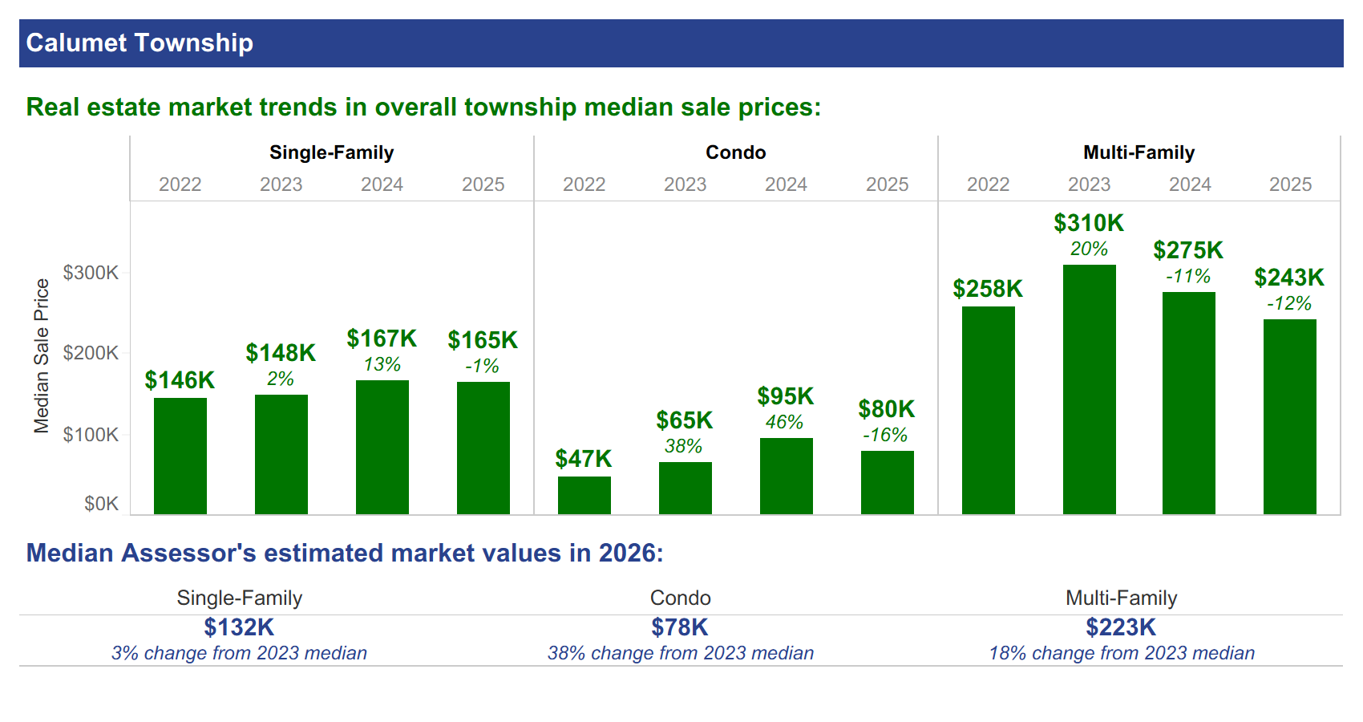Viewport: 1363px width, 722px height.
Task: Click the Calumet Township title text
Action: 140,43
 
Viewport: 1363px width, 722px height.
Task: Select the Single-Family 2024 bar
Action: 382,448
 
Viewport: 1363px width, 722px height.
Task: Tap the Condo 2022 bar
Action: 584,496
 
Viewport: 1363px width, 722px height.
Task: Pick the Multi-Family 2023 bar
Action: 1089,390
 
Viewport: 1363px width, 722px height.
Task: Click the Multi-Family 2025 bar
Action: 1289,417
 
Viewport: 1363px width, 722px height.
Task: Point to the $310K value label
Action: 1089,223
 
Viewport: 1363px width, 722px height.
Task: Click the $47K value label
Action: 584,458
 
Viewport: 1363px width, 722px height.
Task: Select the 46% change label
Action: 784,422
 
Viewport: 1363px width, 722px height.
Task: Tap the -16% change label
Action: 885,435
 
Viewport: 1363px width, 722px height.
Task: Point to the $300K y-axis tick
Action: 91,273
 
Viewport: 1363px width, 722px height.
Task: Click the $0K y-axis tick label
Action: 102,504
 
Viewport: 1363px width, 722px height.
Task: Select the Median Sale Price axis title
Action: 42,356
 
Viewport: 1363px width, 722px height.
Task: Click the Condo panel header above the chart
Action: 736,152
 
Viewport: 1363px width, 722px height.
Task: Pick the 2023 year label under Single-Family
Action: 281,185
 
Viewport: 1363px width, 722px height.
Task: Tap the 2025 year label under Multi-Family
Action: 1291,185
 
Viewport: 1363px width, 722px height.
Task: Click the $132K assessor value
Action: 239,627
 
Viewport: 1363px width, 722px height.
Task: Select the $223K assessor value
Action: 1121,627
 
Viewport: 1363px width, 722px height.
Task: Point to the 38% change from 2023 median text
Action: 680,653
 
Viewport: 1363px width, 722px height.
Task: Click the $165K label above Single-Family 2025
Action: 483,339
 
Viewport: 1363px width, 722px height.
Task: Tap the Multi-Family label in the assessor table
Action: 1122,598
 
